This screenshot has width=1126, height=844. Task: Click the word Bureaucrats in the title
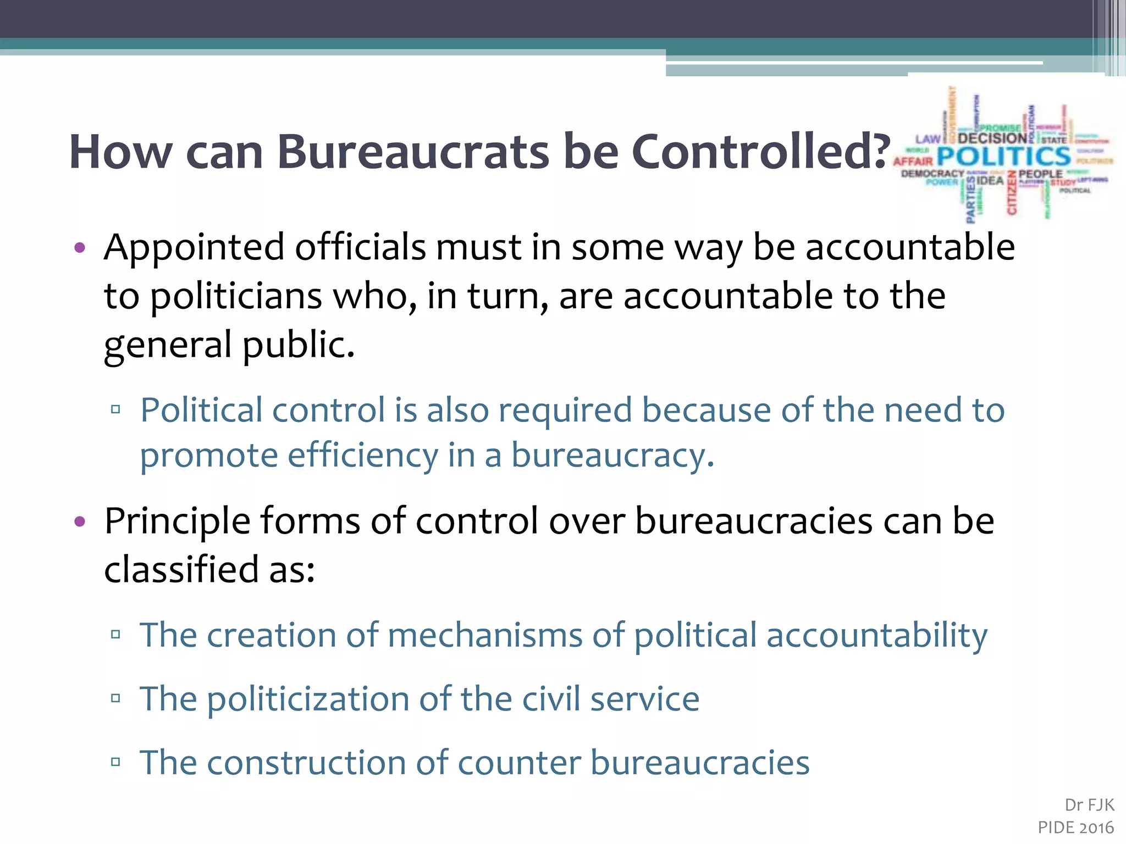tap(413, 152)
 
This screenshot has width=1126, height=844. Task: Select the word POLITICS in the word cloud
tap(1004, 157)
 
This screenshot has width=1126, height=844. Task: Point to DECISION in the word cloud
tap(992, 138)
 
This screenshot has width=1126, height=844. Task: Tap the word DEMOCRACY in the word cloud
tap(932, 174)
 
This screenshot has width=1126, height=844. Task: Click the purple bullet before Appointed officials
tap(80, 247)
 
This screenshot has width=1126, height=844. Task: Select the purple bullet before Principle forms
tap(80, 521)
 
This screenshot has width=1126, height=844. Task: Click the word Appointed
tap(194, 247)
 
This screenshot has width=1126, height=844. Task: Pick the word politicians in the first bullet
tap(236, 296)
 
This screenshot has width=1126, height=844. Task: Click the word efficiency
tap(363, 455)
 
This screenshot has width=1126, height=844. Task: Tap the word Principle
tap(177, 521)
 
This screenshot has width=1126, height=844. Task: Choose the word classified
tap(181, 569)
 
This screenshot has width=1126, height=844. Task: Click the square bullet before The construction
tap(115, 762)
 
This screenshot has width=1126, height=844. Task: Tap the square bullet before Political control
tap(115, 409)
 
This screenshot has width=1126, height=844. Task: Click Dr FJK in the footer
tap(1089, 805)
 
